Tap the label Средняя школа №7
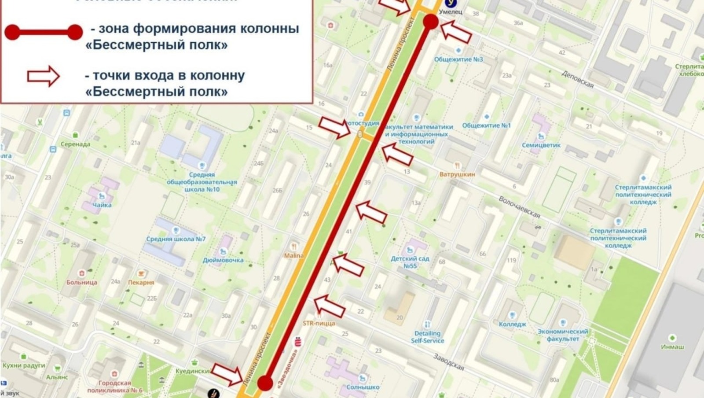tap(176, 239)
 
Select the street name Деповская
tap(577, 79)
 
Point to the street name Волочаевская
tap(519, 206)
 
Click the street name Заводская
tap(448, 361)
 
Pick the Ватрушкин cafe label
tap(457, 174)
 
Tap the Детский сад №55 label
tap(410, 262)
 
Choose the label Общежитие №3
tap(458, 59)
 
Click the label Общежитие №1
tap(486, 125)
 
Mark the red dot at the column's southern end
tap(265, 383)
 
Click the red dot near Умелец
tap(431, 21)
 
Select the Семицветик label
tap(541, 145)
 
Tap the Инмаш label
tap(672, 346)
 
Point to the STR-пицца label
tap(319, 323)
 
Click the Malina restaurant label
tap(293, 255)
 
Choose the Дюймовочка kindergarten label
tap(223, 260)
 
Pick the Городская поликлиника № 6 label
tap(115, 387)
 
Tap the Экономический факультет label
tap(563, 335)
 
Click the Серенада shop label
tap(75, 144)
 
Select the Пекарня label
tap(141, 282)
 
